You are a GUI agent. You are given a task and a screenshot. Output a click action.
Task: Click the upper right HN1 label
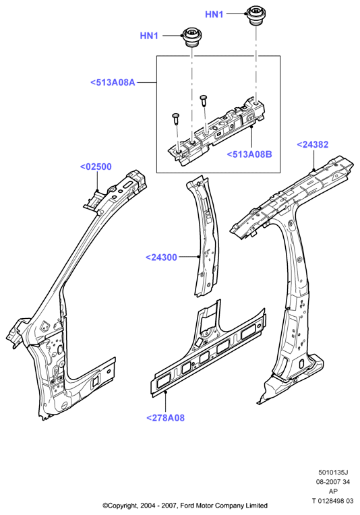click(x=214, y=14)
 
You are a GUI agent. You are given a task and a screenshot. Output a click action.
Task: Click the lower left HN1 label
click(x=149, y=36)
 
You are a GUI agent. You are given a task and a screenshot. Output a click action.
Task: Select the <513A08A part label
click(x=113, y=82)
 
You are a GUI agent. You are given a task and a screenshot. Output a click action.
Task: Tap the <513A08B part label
click(x=249, y=154)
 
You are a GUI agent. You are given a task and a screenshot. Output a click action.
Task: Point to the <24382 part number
click(x=312, y=144)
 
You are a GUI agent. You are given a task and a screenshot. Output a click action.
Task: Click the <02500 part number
click(x=96, y=167)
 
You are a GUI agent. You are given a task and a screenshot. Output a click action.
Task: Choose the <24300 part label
click(x=161, y=257)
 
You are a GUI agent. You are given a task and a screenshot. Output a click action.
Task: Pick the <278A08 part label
click(x=165, y=418)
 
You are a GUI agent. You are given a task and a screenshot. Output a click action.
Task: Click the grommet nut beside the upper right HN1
click(x=256, y=15)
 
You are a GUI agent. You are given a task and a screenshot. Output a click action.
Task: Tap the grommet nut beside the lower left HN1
click(x=191, y=38)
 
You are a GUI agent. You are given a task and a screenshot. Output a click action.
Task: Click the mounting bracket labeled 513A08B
click(x=217, y=131)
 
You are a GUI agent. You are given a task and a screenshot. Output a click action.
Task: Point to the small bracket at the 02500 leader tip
click(x=94, y=200)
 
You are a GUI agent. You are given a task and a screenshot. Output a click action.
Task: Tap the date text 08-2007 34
click(x=333, y=482)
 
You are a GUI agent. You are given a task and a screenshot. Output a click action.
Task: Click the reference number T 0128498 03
click(x=333, y=501)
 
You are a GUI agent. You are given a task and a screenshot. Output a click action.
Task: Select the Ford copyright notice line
click(x=185, y=506)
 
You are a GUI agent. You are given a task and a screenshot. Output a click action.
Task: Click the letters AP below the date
click(x=333, y=491)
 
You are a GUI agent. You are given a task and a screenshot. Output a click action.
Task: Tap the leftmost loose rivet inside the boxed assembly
click(x=176, y=119)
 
